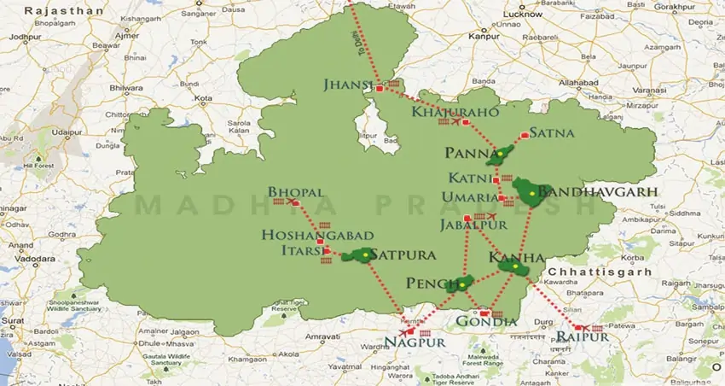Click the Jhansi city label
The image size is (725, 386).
point(348,84)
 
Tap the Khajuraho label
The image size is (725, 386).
point(442,112)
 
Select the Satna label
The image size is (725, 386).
point(552,132)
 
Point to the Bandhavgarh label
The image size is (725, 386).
point(597,192)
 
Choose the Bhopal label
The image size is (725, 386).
point(296,192)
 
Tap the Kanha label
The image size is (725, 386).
point(517,257)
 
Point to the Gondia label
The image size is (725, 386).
point(486,322)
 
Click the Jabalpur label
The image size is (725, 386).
point(473,225)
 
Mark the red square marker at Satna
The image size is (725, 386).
point(524,135)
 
